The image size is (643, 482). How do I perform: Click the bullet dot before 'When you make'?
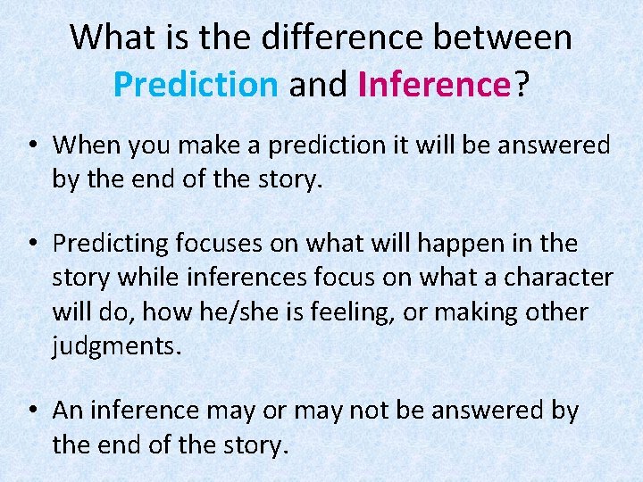point(32,145)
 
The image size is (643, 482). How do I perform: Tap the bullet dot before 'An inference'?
point(32,411)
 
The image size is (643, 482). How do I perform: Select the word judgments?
point(116,346)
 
